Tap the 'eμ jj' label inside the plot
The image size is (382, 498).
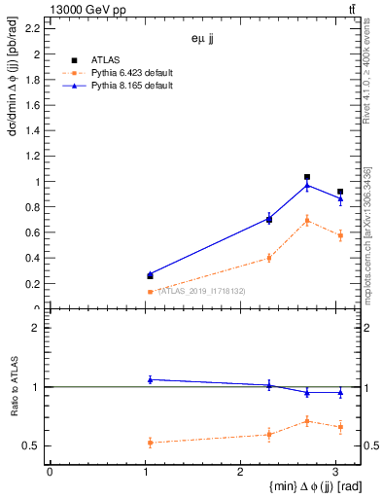point(203,39)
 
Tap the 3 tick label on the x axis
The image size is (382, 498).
point(335,472)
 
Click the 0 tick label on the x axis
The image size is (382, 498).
point(50,472)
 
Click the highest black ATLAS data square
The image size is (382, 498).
point(307,177)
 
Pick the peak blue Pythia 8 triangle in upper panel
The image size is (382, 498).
point(307,185)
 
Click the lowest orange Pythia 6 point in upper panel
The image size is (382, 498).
point(150,292)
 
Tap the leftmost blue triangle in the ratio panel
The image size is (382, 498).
point(150,379)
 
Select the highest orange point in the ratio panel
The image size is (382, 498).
point(307,421)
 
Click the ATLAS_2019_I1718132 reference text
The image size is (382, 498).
point(201,291)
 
